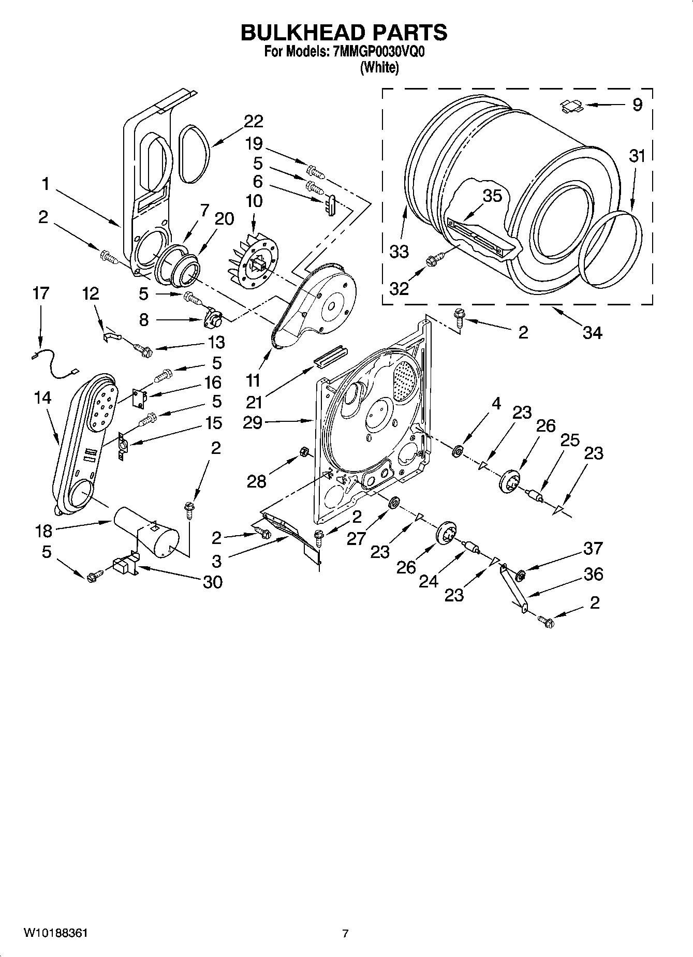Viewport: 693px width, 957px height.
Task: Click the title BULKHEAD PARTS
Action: tap(344, 32)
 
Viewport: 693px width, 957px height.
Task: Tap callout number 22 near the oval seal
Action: tap(253, 121)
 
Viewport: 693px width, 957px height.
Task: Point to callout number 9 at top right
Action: tap(637, 105)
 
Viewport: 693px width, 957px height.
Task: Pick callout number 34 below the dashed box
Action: tap(592, 333)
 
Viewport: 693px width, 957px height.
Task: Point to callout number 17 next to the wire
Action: tap(40, 293)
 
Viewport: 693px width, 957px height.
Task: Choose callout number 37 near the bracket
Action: tap(593, 548)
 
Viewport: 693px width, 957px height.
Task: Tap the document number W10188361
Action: tap(55, 933)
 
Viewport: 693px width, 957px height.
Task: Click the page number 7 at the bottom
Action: tap(345, 934)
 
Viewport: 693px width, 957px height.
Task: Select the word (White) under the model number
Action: tap(379, 67)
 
